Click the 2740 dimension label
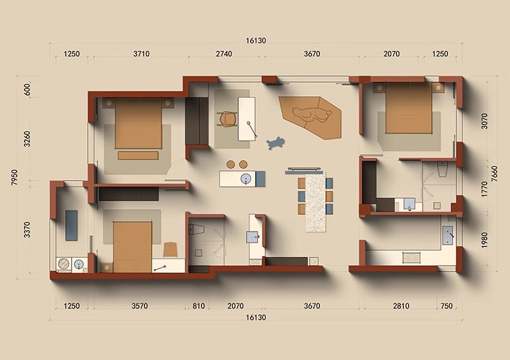coord(224,54)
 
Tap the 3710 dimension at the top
coord(141,54)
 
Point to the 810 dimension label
coord(198,306)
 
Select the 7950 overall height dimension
coord(14,177)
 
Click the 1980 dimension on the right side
coord(484,240)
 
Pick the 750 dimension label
coord(447,306)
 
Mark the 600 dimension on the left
coord(27,89)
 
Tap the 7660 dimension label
coord(494,174)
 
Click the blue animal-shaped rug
coord(276,143)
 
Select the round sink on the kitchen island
coord(246,179)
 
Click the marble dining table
coord(315,201)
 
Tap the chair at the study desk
coord(228,119)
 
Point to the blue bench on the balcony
coord(71,225)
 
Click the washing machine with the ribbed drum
coord(64,263)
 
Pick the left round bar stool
coord(230,165)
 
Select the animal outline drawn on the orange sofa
coord(312,115)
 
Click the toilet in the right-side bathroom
coord(442,168)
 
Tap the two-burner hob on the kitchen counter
coord(412,257)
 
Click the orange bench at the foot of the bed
coord(138,155)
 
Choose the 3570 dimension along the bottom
coord(139,306)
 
